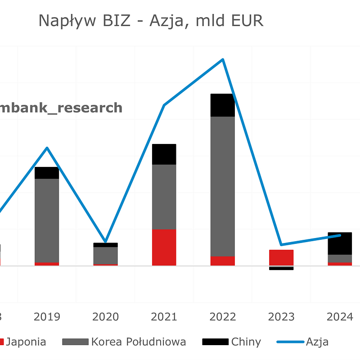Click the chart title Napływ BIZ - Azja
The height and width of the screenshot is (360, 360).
point(151,21)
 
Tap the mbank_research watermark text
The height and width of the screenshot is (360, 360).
point(61,108)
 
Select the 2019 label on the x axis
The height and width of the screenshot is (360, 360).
point(47,317)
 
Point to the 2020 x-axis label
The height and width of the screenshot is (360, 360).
point(105,317)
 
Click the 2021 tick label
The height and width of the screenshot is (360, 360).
point(164,317)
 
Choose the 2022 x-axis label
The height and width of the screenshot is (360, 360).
point(222,317)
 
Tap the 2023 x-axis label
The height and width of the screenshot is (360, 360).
point(281,317)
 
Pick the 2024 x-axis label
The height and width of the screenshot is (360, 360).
point(340,317)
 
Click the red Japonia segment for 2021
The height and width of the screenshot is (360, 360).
point(164,247)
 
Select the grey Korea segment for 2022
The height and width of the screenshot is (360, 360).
point(222,186)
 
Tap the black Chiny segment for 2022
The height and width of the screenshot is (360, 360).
point(222,105)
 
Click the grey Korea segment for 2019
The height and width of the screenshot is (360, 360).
point(47,220)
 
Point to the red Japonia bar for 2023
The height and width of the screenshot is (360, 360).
point(281,257)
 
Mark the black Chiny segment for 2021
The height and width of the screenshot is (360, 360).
point(164,154)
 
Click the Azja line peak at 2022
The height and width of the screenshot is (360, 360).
point(222,59)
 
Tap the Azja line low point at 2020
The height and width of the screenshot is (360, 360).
point(105,241)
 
